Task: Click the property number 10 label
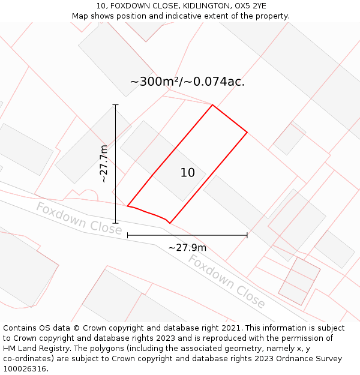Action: click(x=187, y=173)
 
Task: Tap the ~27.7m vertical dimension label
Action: click(x=103, y=163)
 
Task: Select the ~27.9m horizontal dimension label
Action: click(x=187, y=248)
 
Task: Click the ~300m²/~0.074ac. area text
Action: click(x=187, y=82)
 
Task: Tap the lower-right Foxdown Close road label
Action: click(x=227, y=281)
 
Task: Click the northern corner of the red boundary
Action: click(x=212, y=105)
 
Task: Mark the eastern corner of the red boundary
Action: click(x=247, y=132)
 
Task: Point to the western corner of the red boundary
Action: click(x=128, y=206)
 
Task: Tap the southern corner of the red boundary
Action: click(x=169, y=223)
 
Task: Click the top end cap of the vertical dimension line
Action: click(x=115, y=105)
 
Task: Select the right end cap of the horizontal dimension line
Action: click(x=247, y=235)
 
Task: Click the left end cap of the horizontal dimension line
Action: click(x=128, y=235)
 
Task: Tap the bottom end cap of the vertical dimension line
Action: click(x=115, y=223)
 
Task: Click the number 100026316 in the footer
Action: click(x=24, y=369)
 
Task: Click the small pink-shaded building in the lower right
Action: click(x=299, y=280)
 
